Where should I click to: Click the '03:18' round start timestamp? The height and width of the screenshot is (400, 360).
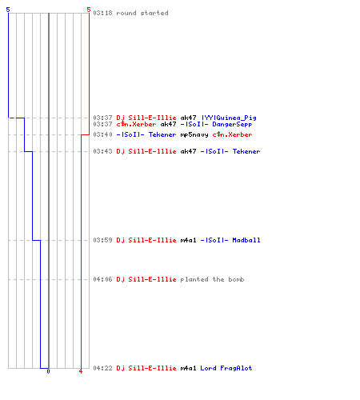102,13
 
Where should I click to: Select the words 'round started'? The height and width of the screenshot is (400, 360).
142,13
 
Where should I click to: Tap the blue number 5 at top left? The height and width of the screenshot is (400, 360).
8,10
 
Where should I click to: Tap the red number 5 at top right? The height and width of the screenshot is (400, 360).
89,10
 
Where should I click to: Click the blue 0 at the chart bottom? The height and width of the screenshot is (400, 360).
48,371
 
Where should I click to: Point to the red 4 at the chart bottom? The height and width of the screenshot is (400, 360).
81,371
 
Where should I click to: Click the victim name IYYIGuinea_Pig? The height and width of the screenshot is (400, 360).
229,118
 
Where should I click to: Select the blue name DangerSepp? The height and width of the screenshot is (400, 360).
232,124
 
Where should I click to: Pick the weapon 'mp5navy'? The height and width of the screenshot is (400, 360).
194,134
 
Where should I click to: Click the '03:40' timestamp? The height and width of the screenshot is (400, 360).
102,134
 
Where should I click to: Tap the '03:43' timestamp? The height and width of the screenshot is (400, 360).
102,151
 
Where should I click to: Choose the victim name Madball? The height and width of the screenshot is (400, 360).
246,240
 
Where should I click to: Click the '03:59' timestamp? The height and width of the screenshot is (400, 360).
102,240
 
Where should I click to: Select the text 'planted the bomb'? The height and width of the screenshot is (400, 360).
212,279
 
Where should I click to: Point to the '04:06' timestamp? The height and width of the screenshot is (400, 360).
102,279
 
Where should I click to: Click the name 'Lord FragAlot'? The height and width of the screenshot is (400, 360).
226,368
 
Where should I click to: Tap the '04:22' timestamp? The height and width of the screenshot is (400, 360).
102,368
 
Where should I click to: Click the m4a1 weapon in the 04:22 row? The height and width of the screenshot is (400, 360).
188,368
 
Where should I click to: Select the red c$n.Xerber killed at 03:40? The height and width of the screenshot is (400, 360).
232,134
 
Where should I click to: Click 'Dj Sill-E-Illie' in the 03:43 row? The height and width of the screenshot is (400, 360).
146,151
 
